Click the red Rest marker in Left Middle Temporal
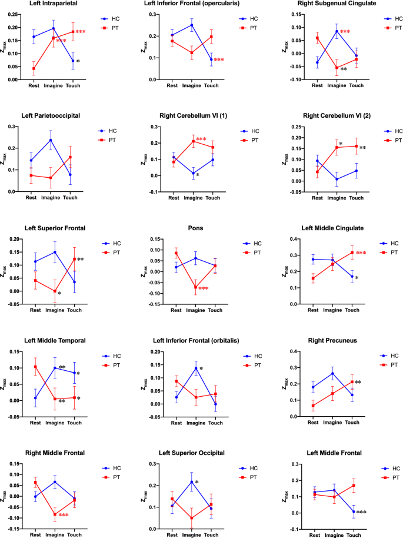(35, 367)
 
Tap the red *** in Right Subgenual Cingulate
(345, 32)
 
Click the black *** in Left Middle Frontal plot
(367, 512)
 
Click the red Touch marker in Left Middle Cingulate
(352, 253)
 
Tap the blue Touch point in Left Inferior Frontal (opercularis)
(211, 59)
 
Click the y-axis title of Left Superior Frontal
(6, 270)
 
